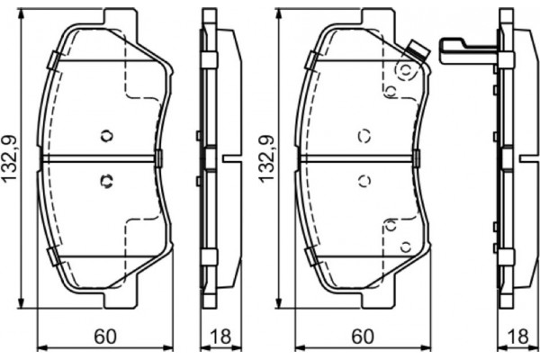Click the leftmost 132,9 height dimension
tap(10, 159)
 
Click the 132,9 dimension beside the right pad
tap(266, 159)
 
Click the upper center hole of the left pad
tap(106, 136)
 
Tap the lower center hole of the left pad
tap(105, 180)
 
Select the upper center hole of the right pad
tap(364, 136)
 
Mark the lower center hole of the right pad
tap(364, 180)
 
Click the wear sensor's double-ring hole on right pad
tap(404, 67)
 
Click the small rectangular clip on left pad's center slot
tap(159, 158)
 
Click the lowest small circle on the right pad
tap(404, 245)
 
